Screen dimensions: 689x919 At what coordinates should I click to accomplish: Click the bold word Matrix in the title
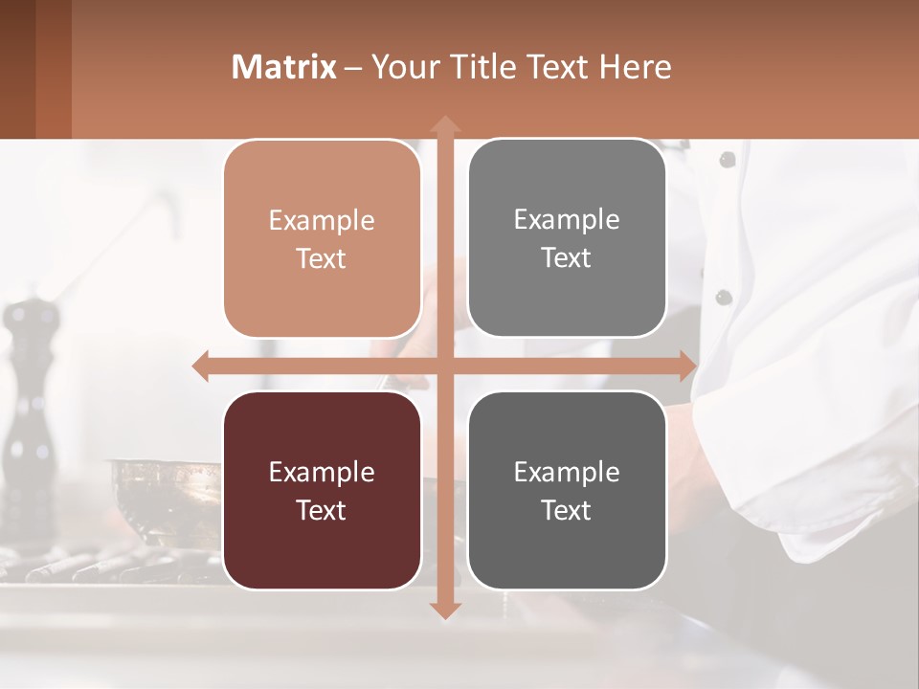coord(284,67)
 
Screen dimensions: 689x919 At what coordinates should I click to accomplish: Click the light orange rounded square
coord(322,238)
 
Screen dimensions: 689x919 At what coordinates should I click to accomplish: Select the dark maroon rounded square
coord(322,490)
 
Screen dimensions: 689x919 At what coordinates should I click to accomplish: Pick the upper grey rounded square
coord(567,237)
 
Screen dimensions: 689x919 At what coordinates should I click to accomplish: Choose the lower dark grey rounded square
coord(567,490)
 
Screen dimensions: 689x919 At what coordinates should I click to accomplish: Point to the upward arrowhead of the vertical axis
coord(444,124)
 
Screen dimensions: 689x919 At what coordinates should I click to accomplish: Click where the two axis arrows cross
coord(444,367)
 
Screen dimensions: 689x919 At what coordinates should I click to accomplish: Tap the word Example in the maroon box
coord(322,472)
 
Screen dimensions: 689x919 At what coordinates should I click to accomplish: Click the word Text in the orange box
coord(322,258)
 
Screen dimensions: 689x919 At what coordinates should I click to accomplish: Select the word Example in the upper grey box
coord(567,219)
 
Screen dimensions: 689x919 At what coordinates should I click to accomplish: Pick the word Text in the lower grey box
coord(567,510)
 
